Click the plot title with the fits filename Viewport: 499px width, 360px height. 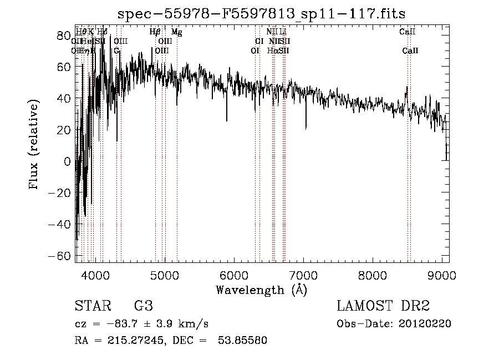pyautogui.click(x=266, y=14)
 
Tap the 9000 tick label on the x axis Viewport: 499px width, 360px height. pyautogui.click(x=441, y=276)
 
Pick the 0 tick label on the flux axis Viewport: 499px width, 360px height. pyautogui.click(x=68, y=161)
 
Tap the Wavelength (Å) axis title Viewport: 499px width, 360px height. pyautogui.click(x=261, y=290)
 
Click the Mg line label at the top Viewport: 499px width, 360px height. pyautogui.click(x=176, y=32)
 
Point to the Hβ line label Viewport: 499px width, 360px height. pyautogui.click(x=155, y=32)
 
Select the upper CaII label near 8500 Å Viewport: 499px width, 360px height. pyautogui.click(x=408, y=32)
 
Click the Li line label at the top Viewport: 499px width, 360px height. pyautogui.click(x=283, y=32)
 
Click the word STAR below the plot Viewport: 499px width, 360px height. pyautogui.click(x=92, y=306)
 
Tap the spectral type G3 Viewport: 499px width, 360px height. pyautogui.click(x=144, y=306)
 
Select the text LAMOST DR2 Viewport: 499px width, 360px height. pyautogui.click(x=383, y=306)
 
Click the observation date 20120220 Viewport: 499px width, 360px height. pyautogui.click(x=426, y=323)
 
